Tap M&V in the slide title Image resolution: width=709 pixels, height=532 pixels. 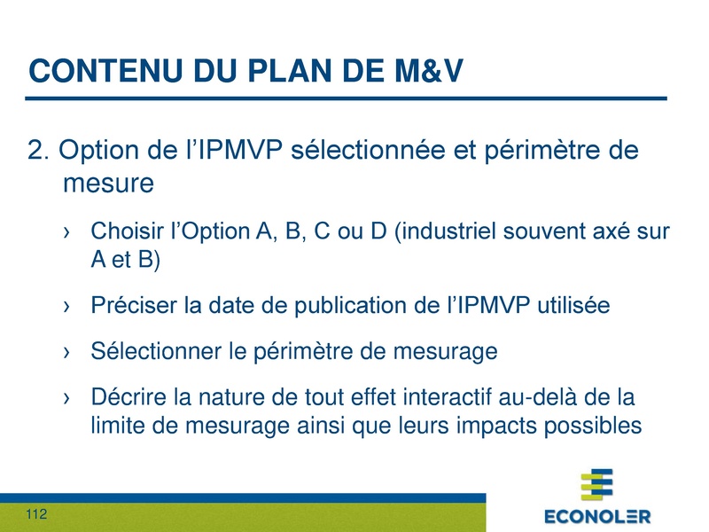[420, 69]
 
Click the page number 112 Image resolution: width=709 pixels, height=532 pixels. [36, 515]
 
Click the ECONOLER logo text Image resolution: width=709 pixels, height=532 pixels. [596, 516]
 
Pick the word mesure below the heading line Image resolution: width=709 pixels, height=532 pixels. [109, 184]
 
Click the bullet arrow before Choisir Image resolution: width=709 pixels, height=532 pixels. [67, 233]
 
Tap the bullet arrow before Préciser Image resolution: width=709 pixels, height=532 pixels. [67, 307]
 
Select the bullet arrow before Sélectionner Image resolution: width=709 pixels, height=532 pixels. [67, 352]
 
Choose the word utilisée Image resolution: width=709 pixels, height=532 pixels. [575, 306]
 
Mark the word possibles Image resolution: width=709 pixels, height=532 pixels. [596, 425]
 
